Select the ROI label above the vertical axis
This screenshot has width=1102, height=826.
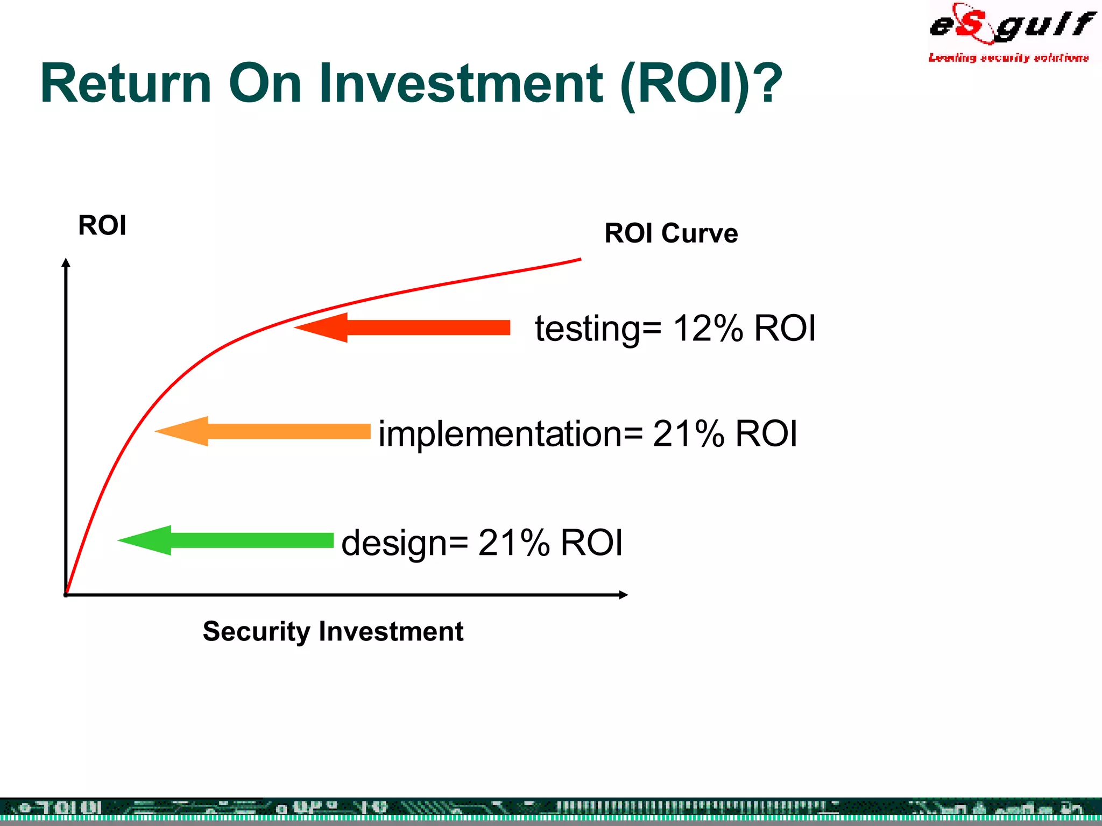pos(102,225)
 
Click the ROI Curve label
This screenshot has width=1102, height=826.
pos(671,233)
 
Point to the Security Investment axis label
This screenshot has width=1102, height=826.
pos(333,631)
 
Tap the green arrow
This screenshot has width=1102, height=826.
pos(225,540)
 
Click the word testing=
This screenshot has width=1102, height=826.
pos(598,329)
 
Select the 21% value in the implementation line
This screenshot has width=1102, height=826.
pos(688,434)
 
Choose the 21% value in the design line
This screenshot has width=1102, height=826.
pos(513,543)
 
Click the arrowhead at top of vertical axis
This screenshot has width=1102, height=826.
pos(66,262)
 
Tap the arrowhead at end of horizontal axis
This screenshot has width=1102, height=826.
pos(624,595)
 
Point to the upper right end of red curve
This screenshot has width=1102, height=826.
pos(580,260)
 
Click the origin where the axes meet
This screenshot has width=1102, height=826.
pos(66,594)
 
